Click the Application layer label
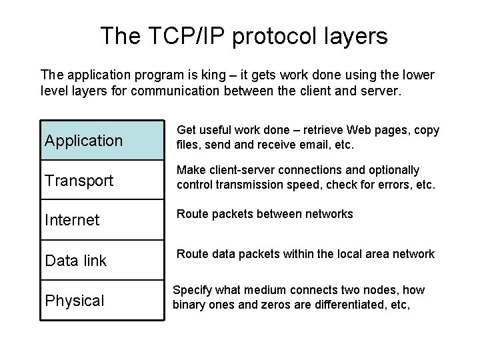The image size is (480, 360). (x=83, y=141)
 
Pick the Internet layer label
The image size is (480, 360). (x=71, y=221)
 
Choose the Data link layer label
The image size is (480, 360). (x=75, y=261)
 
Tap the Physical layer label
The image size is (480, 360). (x=74, y=301)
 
